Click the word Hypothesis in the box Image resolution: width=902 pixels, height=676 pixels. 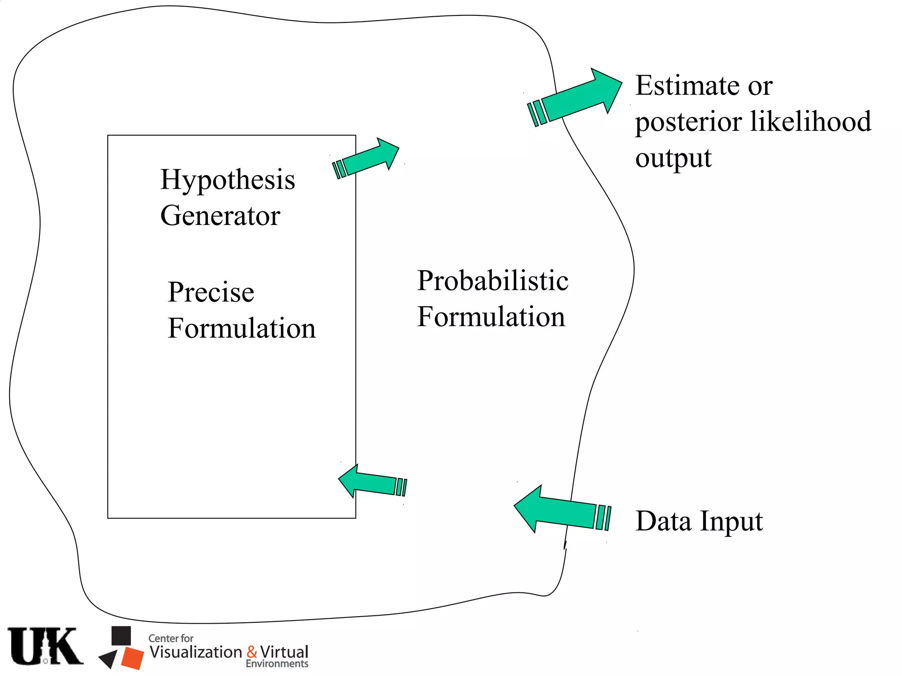click(x=227, y=180)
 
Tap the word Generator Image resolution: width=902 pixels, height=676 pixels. click(x=220, y=216)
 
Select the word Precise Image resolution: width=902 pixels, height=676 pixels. click(x=211, y=292)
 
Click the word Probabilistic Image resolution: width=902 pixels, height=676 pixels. click(x=492, y=281)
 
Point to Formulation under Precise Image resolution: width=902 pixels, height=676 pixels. click(x=242, y=328)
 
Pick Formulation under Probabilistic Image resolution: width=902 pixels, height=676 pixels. click(x=491, y=317)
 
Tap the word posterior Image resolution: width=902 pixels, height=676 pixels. click(x=688, y=122)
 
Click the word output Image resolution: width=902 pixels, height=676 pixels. click(x=673, y=158)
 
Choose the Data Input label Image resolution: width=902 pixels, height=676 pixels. click(x=699, y=522)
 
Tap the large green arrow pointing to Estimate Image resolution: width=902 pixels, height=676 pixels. click(x=577, y=98)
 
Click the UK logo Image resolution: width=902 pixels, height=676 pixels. click(x=45, y=646)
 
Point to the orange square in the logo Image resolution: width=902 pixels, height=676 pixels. click(x=132, y=658)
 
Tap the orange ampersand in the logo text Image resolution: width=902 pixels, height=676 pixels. click(x=252, y=651)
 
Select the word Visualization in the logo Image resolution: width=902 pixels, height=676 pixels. click(x=196, y=652)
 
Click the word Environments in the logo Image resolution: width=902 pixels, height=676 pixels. click(x=277, y=664)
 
